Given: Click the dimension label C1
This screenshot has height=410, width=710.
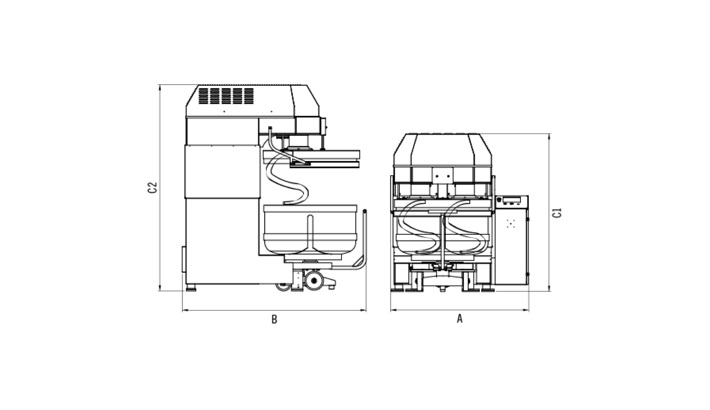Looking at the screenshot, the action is point(557,213).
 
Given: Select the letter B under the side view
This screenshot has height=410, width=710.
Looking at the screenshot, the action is point(274,320).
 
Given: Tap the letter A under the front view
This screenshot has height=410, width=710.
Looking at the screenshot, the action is point(460,319).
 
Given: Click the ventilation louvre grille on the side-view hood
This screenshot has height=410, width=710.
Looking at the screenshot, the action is point(226,96).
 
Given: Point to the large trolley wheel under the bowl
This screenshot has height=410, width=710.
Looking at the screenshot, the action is point(314,280).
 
